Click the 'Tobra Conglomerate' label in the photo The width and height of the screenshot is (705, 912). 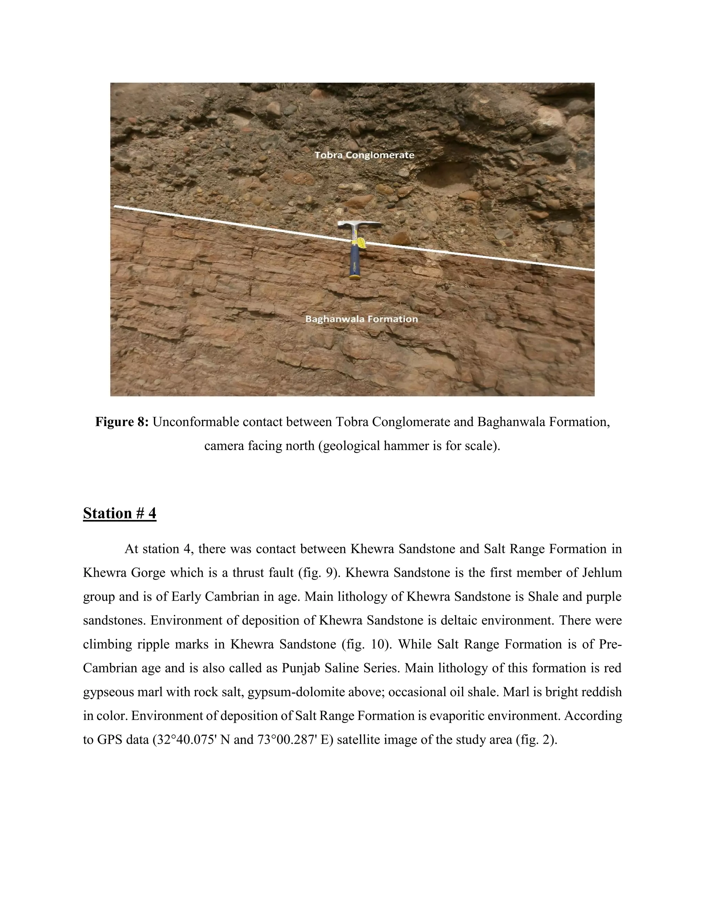point(364,155)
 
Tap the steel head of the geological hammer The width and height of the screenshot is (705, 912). point(359,225)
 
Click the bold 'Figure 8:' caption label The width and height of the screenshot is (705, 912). point(122,422)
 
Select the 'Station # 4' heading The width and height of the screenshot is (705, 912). point(119,513)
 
